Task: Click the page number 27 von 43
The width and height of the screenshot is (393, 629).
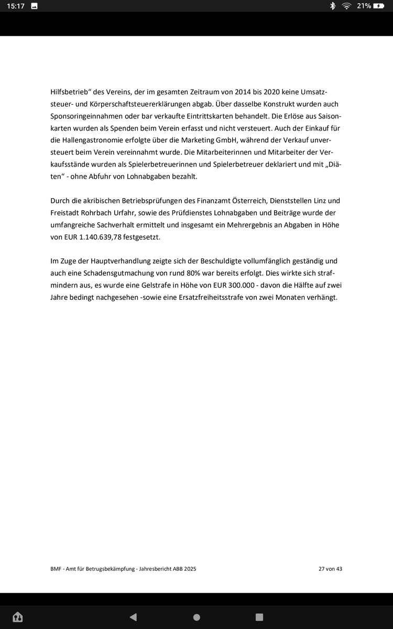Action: click(330, 569)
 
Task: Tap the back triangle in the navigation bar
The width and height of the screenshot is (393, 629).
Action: click(133, 617)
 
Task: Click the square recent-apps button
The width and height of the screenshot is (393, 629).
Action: click(259, 617)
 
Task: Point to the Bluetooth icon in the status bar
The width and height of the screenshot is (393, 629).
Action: click(332, 6)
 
